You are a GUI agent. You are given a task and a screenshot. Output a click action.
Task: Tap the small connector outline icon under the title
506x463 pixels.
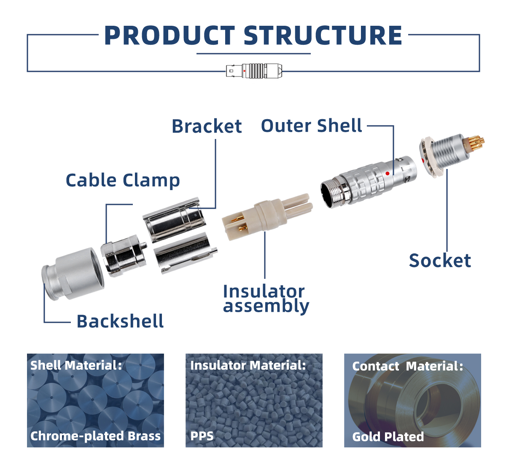point(254,71)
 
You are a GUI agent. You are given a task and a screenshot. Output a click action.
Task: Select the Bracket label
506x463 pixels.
point(207,126)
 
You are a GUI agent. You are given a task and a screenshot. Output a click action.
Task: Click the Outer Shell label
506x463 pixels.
point(312,125)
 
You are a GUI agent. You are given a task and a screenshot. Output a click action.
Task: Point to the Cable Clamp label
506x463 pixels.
point(123,180)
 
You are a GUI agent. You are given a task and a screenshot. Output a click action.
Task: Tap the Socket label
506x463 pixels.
point(440,260)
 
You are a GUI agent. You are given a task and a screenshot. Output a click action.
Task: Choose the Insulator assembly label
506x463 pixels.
point(266,299)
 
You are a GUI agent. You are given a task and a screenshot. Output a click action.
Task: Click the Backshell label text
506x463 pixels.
point(120,321)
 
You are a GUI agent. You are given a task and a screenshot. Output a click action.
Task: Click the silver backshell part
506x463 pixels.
point(73,274)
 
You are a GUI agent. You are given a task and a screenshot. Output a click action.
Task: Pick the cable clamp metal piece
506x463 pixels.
point(124,255)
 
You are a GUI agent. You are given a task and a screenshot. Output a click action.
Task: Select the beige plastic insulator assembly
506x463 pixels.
point(267,217)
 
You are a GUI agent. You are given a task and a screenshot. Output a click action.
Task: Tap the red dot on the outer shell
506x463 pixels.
point(388,173)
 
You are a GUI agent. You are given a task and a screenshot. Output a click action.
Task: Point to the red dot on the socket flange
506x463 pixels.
point(423,160)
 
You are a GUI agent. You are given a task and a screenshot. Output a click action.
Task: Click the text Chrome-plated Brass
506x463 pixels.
point(95,436)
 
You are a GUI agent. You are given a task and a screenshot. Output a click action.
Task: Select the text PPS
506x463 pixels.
point(202,436)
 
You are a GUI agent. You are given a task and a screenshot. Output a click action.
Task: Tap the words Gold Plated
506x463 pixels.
point(388,437)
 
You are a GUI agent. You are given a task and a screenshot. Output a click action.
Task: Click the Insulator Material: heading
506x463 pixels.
point(248,365)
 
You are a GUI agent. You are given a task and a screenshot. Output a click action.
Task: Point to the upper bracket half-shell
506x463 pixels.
point(174,220)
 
